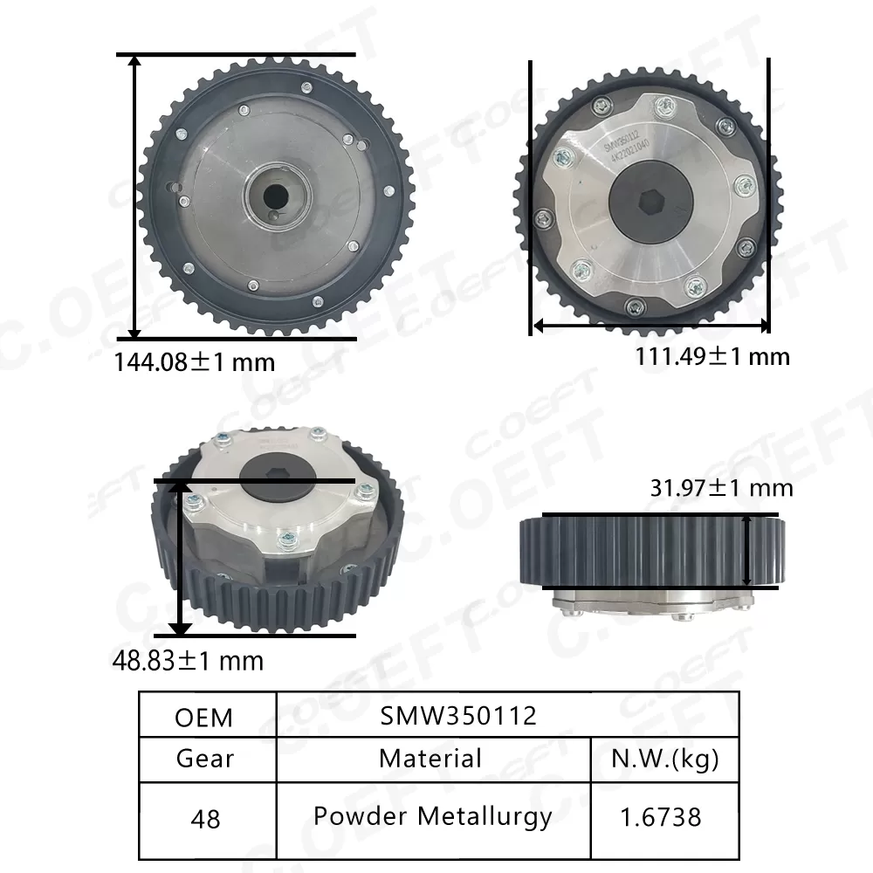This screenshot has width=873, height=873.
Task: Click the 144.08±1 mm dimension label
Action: point(195,361)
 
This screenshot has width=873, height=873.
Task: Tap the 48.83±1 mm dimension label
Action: point(189,661)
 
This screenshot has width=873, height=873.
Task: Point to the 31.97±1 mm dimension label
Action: point(721,487)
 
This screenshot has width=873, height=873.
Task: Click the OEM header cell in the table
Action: point(204,717)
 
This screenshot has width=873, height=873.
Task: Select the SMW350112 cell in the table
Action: point(458,716)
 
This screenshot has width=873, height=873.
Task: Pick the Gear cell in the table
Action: point(204,759)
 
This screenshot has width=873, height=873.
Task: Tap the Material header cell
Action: point(430,759)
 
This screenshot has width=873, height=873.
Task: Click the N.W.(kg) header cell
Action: point(665,759)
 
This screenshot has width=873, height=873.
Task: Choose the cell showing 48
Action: point(204,819)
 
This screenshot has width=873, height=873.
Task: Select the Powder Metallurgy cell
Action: point(432,816)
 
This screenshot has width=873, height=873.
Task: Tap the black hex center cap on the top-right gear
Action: point(650,202)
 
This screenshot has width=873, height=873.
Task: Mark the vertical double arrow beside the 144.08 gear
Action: point(134,196)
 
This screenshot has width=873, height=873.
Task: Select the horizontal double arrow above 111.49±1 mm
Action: point(650,326)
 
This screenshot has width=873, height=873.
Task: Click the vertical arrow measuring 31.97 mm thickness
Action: point(748,550)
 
